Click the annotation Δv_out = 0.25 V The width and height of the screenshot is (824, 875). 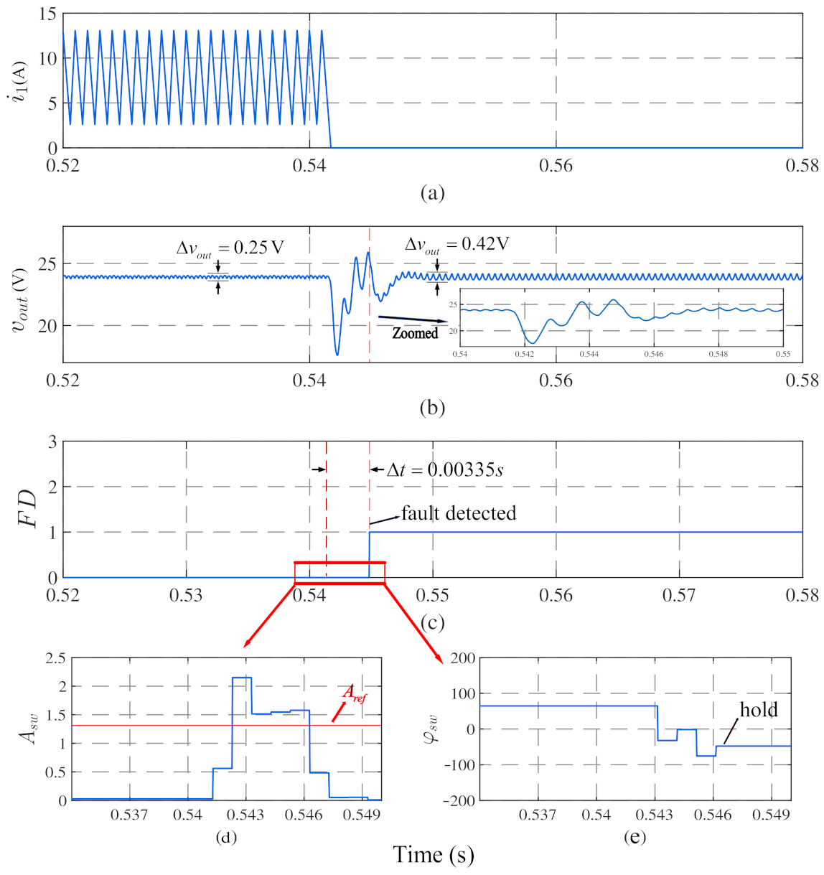[x=230, y=248]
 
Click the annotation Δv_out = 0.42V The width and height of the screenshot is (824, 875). [x=457, y=245]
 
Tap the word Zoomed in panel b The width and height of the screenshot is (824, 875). [x=415, y=333]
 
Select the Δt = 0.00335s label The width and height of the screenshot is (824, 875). [x=444, y=470]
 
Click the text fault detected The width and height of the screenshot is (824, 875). [x=458, y=513]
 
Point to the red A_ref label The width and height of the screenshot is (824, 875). [x=354, y=693]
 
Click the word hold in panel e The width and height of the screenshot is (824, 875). [x=759, y=710]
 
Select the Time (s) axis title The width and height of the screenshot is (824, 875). [x=434, y=855]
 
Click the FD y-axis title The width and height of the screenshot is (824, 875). [x=27, y=509]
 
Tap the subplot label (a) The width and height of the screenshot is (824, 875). [x=432, y=192]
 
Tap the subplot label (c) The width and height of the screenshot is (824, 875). [x=432, y=622]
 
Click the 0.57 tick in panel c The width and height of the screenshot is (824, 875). [x=679, y=595]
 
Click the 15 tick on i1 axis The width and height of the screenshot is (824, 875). [x=48, y=14]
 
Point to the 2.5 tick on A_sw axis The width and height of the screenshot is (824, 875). [x=55, y=658]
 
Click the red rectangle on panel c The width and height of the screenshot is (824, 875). [x=340, y=563]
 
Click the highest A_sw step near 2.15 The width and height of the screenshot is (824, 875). [x=242, y=678]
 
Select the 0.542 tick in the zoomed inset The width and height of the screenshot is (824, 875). [x=524, y=354]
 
